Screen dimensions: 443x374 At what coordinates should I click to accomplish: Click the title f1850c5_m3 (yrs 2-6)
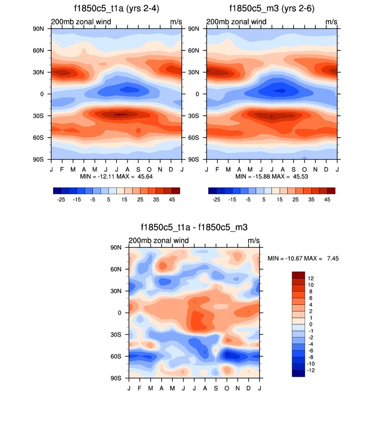272,8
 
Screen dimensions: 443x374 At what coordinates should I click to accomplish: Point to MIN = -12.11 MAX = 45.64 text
117,176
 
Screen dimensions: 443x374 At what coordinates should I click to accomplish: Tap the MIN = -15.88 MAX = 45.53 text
272,176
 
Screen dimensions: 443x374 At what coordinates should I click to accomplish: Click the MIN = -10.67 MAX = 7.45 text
303,258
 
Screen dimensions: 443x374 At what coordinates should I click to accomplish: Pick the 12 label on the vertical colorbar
310,278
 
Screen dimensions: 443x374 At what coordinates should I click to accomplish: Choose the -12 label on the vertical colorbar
311,370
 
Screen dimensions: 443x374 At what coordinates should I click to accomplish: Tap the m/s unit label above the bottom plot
254,241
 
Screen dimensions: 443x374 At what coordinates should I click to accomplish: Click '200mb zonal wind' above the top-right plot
236,22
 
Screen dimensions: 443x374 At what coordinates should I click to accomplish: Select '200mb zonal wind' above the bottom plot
159,241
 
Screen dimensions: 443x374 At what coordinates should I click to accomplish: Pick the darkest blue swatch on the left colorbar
57,191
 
